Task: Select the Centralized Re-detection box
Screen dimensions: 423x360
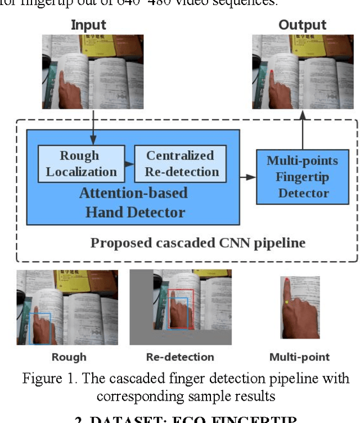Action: [180, 163]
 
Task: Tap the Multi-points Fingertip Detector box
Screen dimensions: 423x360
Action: [303, 177]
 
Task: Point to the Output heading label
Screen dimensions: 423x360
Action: [302, 25]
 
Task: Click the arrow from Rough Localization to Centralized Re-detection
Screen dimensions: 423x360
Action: [129, 164]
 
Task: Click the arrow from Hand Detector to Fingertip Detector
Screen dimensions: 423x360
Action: [248, 177]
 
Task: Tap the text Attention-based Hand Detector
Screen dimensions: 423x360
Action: [133, 202]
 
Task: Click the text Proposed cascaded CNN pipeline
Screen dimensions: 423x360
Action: [198, 243]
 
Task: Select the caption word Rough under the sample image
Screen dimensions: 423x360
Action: [69, 357]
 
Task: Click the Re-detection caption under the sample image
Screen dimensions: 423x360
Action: [180, 357]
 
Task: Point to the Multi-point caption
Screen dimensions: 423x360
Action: [299, 357]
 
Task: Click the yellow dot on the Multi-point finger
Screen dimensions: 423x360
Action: [286, 302]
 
